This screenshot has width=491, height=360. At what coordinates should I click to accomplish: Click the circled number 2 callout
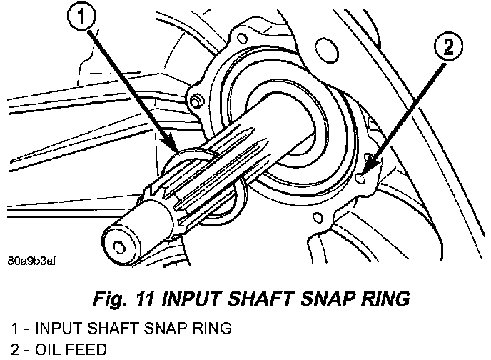[x=447, y=49]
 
